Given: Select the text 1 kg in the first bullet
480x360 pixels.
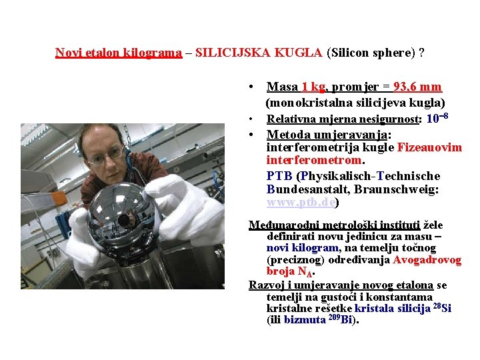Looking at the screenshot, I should tap(313, 87).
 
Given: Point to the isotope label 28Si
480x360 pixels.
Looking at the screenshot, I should tap(441, 307).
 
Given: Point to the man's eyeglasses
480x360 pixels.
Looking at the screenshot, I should tap(107, 156).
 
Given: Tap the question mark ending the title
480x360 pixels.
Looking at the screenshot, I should tap(422, 53).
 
